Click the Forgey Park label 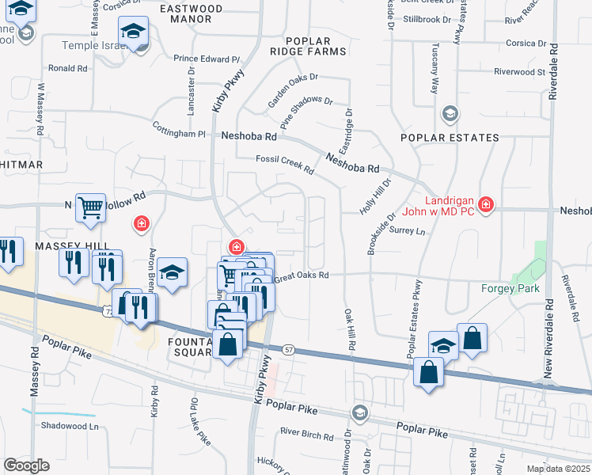[x=510, y=288]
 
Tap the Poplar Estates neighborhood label [x=450, y=138]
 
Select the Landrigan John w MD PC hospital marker [x=485, y=206]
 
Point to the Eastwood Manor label [x=191, y=13]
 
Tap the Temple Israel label [x=93, y=46]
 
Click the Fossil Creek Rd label [x=285, y=165]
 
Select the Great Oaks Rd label [x=301, y=275]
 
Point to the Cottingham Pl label [x=180, y=135]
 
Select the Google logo [x=27, y=465]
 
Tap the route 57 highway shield [x=289, y=349]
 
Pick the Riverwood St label [x=520, y=71]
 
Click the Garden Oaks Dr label [x=292, y=89]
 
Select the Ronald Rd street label [x=67, y=69]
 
